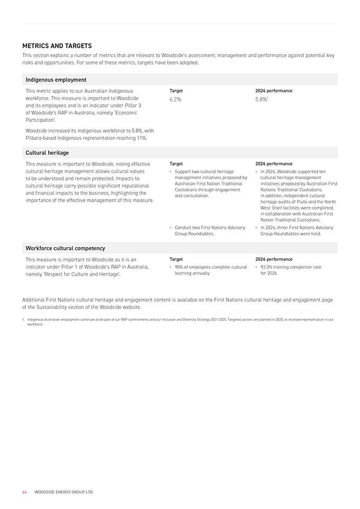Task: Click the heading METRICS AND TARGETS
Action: point(57,46)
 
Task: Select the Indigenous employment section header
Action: point(56,80)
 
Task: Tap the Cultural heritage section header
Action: point(47,153)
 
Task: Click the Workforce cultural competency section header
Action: point(65,248)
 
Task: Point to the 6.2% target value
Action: point(175,99)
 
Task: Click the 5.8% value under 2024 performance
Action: point(261,99)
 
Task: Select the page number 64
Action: point(24,492)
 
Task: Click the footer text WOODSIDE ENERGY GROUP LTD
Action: point(64,492)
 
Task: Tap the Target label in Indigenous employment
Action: point(176,91)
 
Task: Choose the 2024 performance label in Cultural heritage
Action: point(274,164)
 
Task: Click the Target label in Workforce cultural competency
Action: point(176,259)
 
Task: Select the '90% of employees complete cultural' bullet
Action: point(210,270)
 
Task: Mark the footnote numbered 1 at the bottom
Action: point(180,321)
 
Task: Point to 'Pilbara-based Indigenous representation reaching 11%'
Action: point(86,138)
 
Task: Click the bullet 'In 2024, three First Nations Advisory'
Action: point(296,230)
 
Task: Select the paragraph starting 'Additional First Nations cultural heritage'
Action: point(178,303)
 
